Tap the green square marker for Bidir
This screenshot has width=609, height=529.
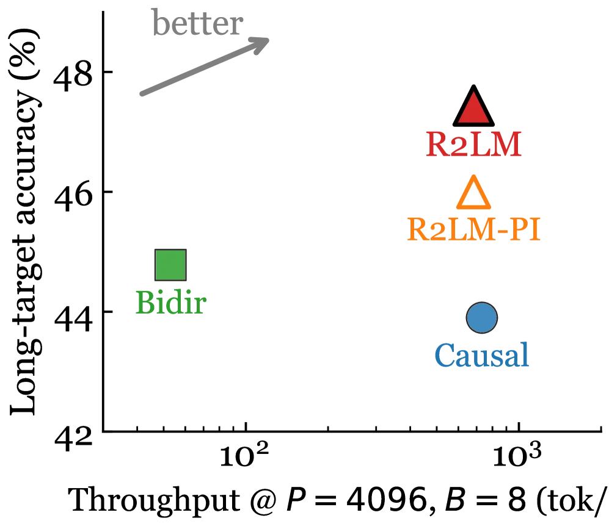[x=170, y=265]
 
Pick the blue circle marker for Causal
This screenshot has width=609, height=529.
[x=481, y=318]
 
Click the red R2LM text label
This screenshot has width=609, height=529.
[x=473, y=144]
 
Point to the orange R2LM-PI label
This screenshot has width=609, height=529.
[x=474, y=229]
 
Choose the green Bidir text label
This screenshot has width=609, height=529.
[x=171, y=303]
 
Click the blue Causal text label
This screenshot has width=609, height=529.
[x=481, y=355]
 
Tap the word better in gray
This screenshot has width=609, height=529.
[x=198, y=23]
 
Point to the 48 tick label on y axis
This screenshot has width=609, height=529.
[x=73, y=77]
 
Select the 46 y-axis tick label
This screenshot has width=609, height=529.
[x=73, y=198]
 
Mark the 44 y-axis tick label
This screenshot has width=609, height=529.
[x=73, y=318]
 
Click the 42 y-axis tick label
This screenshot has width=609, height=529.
[x=73, y=437]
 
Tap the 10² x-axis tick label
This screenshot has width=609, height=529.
[x=244, y=455]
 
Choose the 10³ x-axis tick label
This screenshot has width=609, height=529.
[x=517, y=455]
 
